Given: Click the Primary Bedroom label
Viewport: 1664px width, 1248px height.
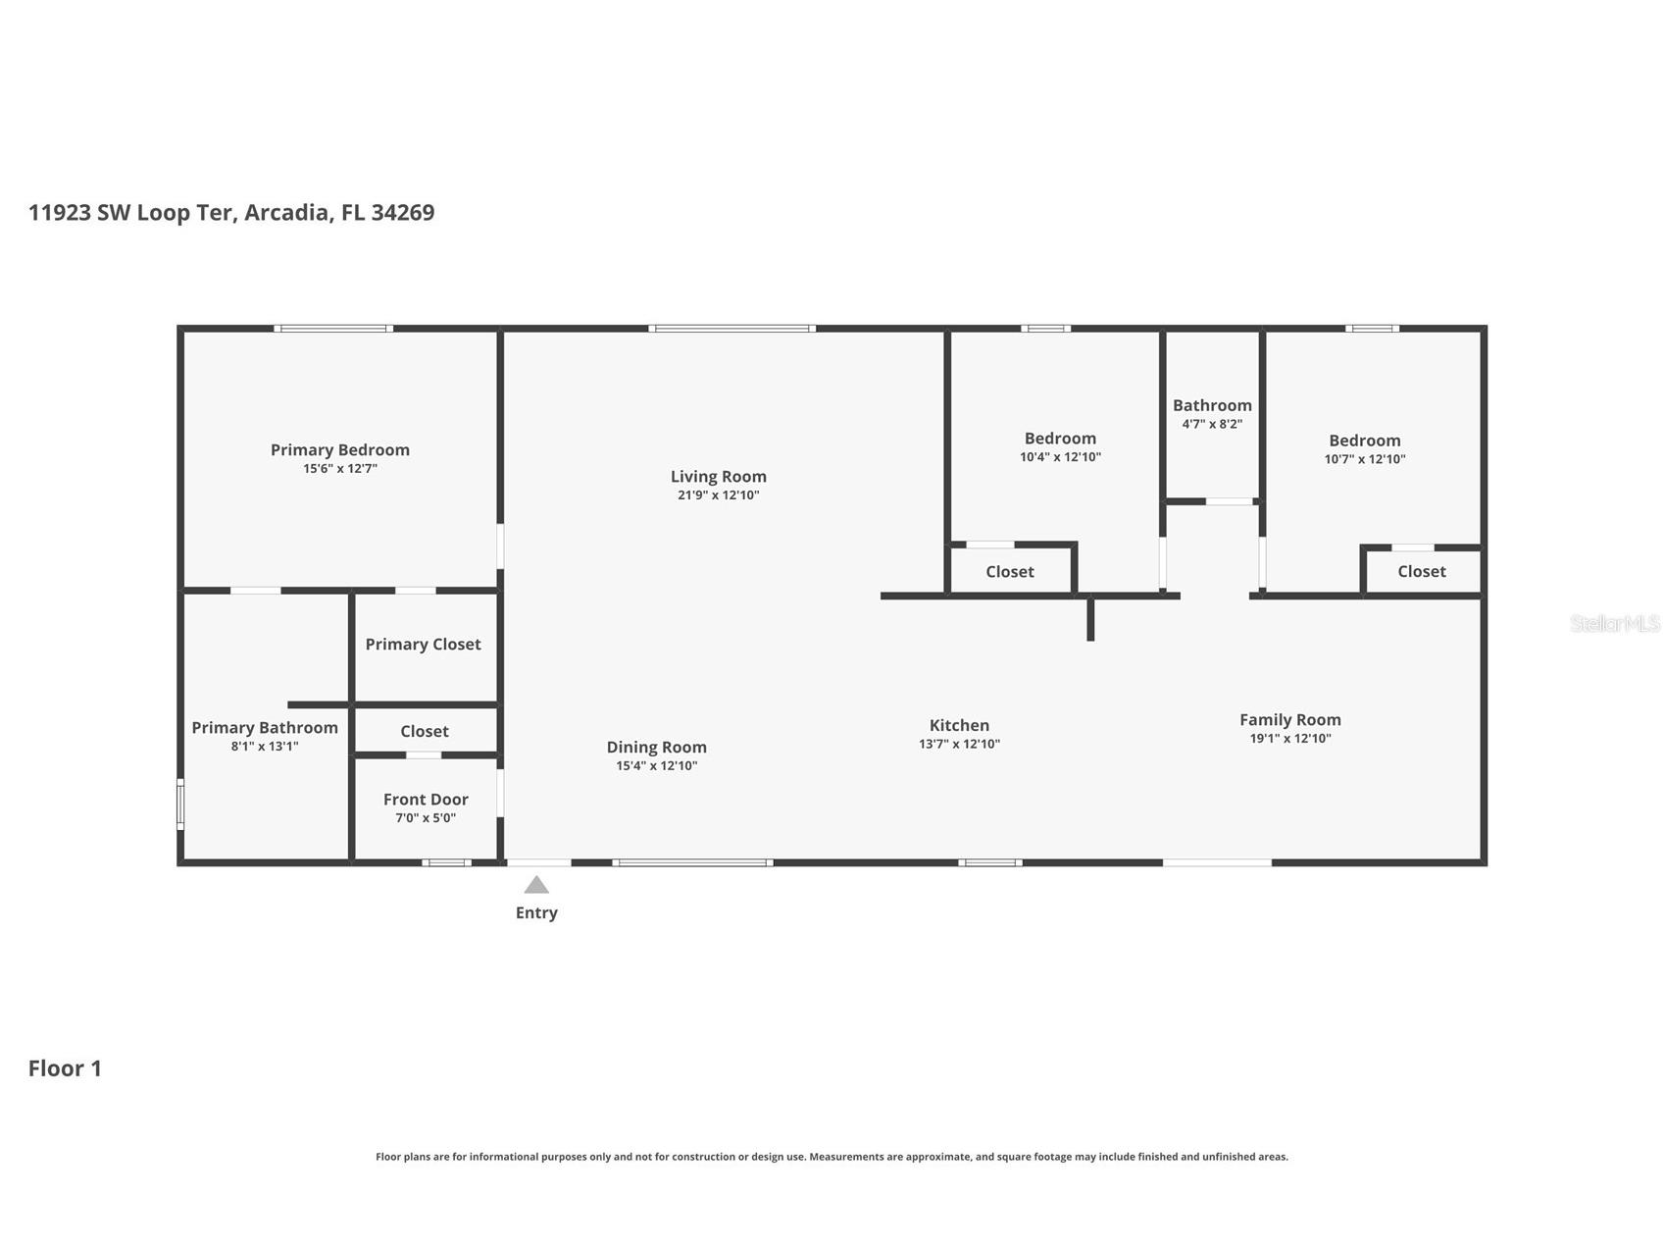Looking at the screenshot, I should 339,450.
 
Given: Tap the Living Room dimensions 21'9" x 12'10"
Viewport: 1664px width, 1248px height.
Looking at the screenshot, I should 718,495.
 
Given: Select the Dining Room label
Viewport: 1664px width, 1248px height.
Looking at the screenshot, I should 656,748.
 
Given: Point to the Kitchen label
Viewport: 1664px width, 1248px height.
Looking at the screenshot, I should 959,726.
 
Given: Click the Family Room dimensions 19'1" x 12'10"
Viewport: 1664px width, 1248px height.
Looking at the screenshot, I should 1289,739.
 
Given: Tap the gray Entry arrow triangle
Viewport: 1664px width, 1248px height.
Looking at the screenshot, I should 536,885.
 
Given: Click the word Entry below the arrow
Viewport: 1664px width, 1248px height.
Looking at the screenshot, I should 536,913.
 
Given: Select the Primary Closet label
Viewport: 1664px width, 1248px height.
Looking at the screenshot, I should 423,645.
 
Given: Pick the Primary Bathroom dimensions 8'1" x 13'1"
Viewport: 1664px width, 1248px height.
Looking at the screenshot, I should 265,747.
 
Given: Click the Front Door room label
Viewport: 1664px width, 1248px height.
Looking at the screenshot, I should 426,800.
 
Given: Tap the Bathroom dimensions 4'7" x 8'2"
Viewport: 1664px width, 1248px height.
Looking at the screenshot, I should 1212,425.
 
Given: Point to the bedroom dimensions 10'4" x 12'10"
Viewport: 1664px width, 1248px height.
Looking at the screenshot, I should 1060,457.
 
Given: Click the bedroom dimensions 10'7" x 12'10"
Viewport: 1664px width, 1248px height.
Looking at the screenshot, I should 1364,459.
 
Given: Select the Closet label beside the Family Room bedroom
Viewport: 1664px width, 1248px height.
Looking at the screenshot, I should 1421,572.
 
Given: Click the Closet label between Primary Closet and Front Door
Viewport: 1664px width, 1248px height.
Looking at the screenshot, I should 424,732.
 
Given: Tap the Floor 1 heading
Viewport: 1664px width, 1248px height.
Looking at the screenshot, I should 65,1068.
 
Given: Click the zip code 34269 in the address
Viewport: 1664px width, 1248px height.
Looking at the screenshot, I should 402,213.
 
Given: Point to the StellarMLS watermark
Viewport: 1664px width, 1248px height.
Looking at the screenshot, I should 1614,624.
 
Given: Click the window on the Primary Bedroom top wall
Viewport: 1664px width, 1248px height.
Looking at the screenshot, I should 333,329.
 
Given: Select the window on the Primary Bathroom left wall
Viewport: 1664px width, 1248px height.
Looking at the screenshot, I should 180,805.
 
